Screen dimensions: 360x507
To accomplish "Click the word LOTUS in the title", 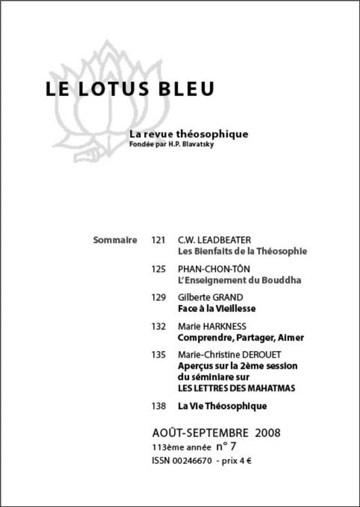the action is coord(112,90).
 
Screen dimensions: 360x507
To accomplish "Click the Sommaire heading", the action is coord(115,240).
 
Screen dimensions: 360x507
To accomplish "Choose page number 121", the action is coord(159,240).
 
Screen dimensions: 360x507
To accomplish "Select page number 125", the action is coord(159,269).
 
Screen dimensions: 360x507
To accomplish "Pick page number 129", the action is coord(159,297).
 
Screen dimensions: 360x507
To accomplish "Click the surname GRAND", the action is coord(230,297).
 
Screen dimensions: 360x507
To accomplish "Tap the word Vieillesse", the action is coord(232,308).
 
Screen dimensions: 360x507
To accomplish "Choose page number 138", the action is coord(159,406).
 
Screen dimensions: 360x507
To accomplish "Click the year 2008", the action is coord(265,432).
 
